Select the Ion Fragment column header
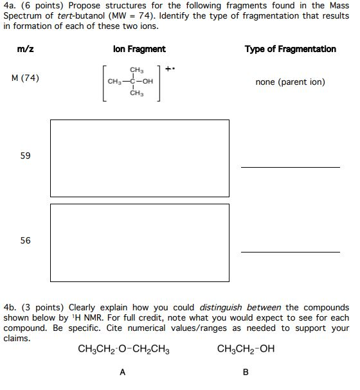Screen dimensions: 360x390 tap(139, 49)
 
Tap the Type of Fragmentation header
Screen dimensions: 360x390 tap(290, 49)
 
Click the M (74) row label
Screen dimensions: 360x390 tap(26, 78)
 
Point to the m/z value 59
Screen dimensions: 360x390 tap(25, 155)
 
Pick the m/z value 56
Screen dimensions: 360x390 tap(25, 240)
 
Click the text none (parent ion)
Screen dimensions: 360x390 tap(290, 82)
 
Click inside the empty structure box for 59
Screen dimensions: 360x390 tap(139, 155)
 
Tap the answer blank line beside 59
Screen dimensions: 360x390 tap(290, 166)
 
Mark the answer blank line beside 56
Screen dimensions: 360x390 tap(290, 251)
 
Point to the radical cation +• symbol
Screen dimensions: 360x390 tap(169, 67)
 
